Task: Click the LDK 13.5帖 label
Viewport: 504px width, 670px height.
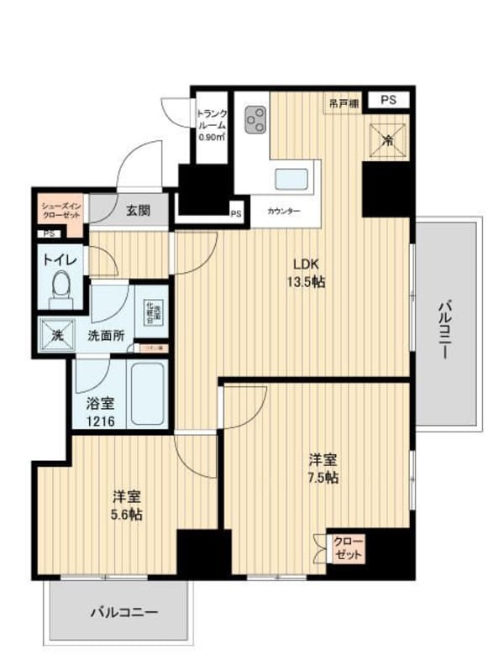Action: pyautogui.click(x=308, y=272)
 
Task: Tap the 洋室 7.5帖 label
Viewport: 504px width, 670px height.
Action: pyautogui.click(x=323, y=468)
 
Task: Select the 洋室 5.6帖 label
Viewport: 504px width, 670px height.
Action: pyautogui.click(x=125, y=504)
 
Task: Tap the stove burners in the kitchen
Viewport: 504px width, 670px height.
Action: pyautogui.click(x=255, y=122)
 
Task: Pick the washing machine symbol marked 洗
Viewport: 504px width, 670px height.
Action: pyautogui.click(x=57, y=335)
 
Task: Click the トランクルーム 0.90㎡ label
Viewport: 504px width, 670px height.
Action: pyautogui.click(x=211, y=124)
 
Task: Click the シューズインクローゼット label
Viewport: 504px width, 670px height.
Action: pyautogui.click(x=60, y=209)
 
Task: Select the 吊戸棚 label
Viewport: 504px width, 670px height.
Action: pyautogui.click(x=344, y=102)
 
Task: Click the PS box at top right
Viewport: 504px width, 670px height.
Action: pyautogui.click(x=387, y=100)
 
